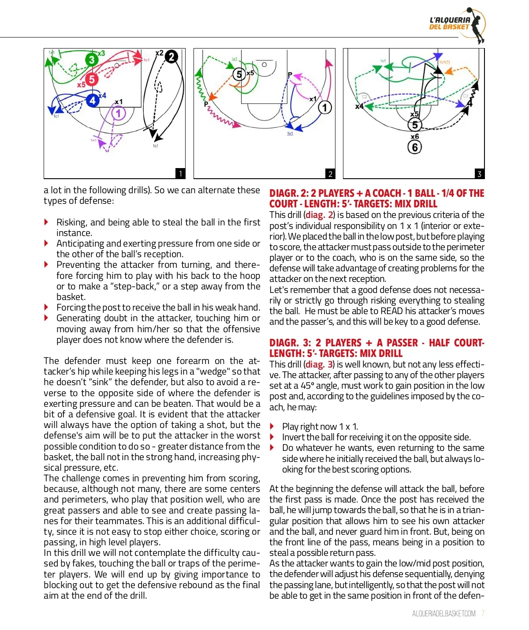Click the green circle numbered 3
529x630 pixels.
(x=91, y=60)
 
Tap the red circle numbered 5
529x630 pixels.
(x=91, y=79)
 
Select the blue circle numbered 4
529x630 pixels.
(x=93, y=101)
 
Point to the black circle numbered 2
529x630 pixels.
(x=171, y=56)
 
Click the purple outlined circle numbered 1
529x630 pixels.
(x=118, y=113)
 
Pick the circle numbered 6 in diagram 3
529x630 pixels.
(x=415, y=147)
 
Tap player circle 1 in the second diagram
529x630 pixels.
(x=325, y=107)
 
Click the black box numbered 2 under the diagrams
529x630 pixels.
(x=330, y=174)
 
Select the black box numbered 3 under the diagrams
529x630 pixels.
(x=480, y=174)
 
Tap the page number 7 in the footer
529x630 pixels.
(x=483, y=614)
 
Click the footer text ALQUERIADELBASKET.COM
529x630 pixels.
(x=443, y=614)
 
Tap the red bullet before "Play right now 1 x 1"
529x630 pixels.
(x=272, y=427)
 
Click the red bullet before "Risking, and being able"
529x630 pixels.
(x=47, y=222)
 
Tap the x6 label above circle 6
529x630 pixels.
(x=414, y=137)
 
